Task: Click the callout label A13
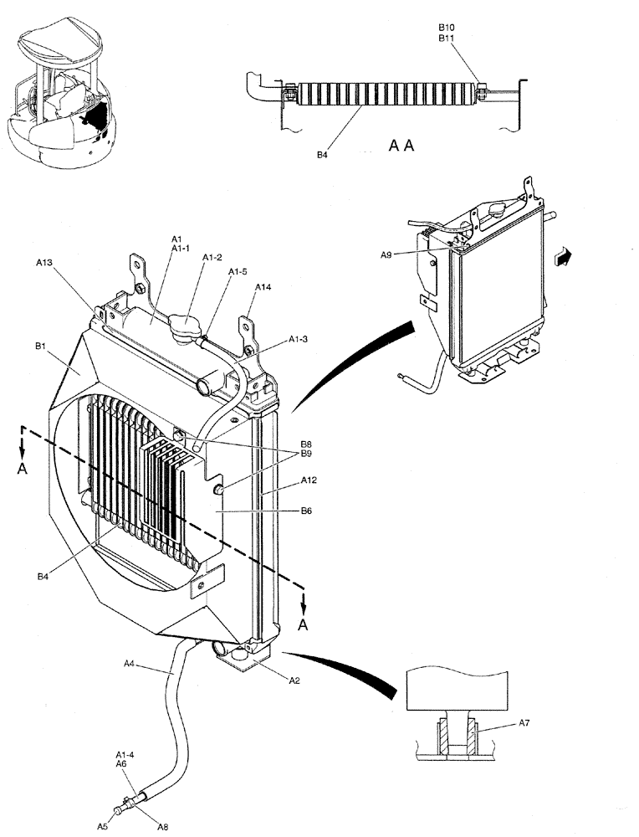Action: point(44,262)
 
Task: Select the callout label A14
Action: point(263,286)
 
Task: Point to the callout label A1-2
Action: point(212,258)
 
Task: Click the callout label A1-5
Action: point(238,271)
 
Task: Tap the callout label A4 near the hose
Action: point(130,664)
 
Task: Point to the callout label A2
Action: point(294,680)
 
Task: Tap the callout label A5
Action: point(101,826)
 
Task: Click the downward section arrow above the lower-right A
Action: point(305,599)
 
